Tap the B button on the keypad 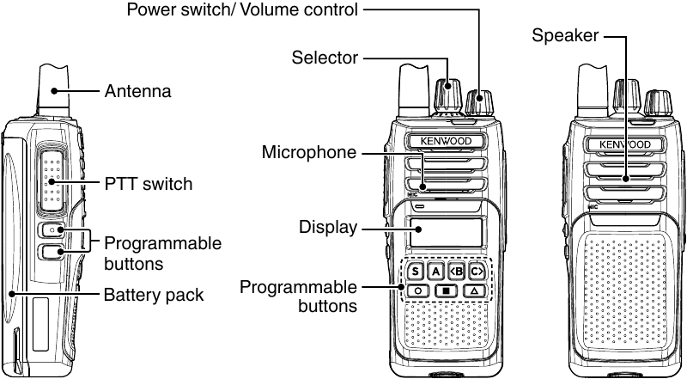(457, 272)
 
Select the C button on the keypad (477, 272)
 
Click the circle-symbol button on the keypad (418, 291)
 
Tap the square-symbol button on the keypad (446, 291)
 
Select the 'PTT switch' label (148, 184)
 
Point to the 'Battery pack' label (154, 296)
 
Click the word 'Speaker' (564, 36)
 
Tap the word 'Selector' (324, 58)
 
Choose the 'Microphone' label (308, 153)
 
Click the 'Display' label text (327, 228)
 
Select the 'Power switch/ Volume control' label (242, 10)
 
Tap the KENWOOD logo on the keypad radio (445, 141)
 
